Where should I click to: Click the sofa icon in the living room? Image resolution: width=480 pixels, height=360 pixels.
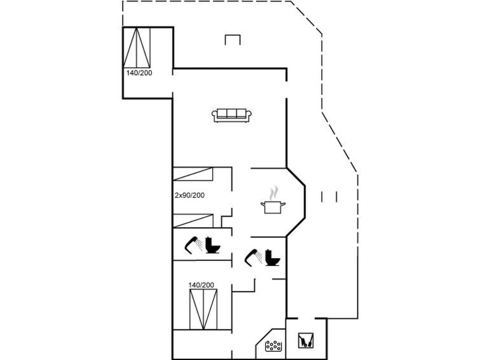pyautogui.click(x=231, y=116)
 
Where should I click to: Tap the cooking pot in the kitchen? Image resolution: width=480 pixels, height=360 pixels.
pyautogui.click(x=273, y=207)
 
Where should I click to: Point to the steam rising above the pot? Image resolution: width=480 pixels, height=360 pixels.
pyautogui.click(x=273, y=193)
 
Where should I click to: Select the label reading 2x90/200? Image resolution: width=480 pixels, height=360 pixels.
pyautogui.click(x=189, y=195)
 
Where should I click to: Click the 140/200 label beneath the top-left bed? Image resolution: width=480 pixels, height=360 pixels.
pyautogui.click(x=139, y=73)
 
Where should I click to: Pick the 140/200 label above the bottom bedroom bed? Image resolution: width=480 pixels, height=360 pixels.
pyautogui.click(x=201, y=285)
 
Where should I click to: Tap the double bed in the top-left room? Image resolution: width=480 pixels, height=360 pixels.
pyautogui.click(x=137, y=48)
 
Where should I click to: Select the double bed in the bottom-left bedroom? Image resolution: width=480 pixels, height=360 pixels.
pyautogui.click(x=203, y=309)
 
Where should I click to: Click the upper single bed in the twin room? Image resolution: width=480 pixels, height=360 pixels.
pyautogui.click(x=193, y=174)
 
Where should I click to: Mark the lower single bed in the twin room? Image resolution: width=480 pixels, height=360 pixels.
pyautogui.click(x=193, y=221)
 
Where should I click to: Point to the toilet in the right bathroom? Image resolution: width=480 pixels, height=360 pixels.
pyautogui.click(x=273, y=258)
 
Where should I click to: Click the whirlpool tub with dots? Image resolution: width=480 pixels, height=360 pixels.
pyautogui.click(x=273, y=346)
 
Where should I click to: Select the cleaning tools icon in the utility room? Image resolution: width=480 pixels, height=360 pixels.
pyautogui.click(x=306, y=341)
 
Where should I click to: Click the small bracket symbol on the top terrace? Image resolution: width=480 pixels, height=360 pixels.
pyautogui.click(x=233, y=40)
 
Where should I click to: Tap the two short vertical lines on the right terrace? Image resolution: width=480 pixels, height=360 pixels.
pyautogui.click(x=329, y=197)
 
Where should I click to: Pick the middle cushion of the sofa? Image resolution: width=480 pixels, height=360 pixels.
pyautogui.click(x=231, y=114)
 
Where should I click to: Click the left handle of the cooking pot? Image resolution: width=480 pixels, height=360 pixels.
pyautogui.click(x=263, y=204)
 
